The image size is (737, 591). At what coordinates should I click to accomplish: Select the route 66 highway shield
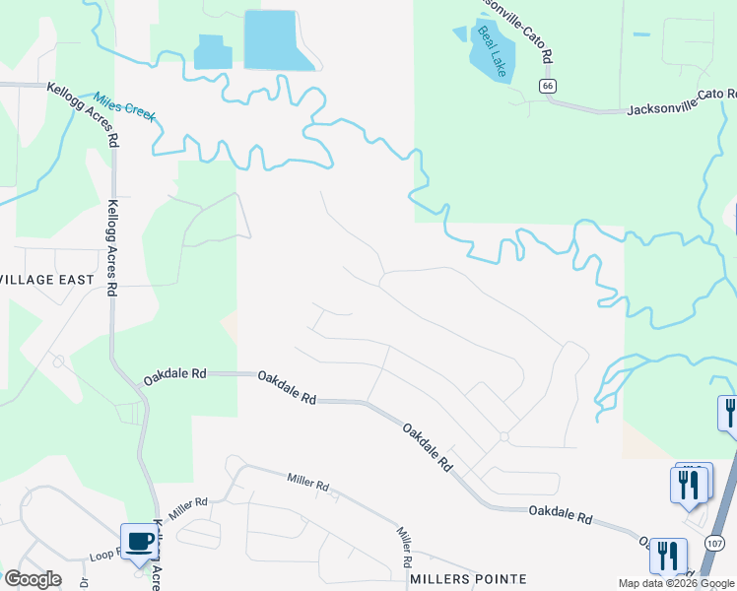point(547,86)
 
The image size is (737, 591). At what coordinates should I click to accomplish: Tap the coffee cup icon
point(138,540)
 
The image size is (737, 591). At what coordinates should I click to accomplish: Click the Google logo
point(33,579)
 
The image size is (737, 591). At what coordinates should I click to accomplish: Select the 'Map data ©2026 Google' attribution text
point(676,583)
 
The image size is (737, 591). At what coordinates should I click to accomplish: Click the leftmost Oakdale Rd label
point(174,375)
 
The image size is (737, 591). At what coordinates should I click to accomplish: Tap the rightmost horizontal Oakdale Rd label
point(560,513)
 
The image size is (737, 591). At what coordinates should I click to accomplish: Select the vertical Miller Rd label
point(404,547)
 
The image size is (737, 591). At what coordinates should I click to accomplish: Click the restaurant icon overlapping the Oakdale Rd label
point(667,557)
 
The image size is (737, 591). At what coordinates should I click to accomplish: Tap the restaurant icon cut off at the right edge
point(730,412)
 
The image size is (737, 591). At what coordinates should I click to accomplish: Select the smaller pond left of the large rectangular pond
point(213,52)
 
